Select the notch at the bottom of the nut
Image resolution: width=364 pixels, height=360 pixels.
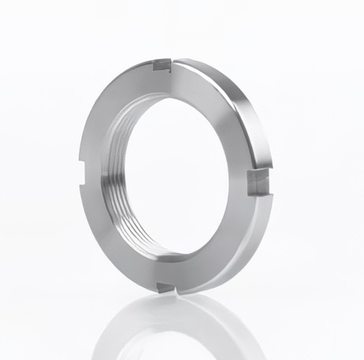pos(166,288)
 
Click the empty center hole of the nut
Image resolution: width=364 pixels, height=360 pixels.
pos(177,173)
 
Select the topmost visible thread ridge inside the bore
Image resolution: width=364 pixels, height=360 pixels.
pos(158,98)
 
